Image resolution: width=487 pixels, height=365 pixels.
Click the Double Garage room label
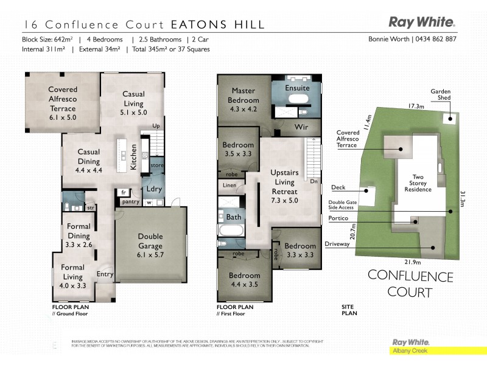point(150,242)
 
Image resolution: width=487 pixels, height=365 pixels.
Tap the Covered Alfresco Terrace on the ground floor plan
point(63,103)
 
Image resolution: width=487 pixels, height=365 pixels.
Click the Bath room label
point(234,217)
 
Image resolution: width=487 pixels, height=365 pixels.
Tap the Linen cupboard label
point(229,185)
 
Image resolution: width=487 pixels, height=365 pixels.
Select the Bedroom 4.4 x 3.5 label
point(244,279)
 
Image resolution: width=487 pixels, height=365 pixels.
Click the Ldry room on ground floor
point(154,189)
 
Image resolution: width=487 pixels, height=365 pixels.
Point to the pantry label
point(130,201)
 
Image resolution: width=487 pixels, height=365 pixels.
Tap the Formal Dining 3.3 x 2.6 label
point(79,235)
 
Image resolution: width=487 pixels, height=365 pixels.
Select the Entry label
point(105,274)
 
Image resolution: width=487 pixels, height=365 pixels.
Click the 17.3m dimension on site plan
point(416,106)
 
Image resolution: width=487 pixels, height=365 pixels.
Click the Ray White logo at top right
point(421,23)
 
